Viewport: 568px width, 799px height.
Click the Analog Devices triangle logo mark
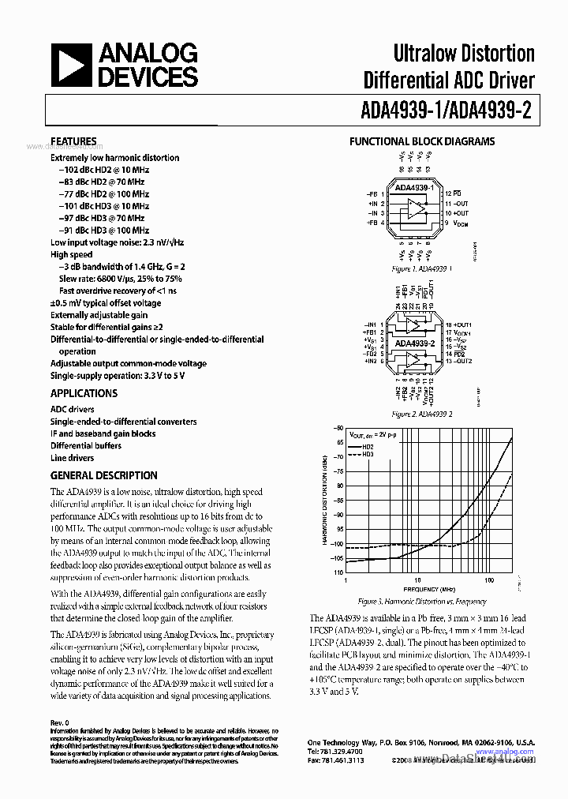point(73,66)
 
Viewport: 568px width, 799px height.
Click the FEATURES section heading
point(73,141)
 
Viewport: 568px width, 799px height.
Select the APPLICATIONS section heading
point(84,393)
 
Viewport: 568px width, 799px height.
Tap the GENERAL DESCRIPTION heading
point(103,475)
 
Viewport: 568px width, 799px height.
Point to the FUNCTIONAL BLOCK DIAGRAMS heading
point(422,141)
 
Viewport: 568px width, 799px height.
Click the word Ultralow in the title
point(429,54)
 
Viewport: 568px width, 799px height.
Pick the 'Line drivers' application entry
point(72,458)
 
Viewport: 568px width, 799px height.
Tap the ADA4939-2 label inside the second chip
point(415,343)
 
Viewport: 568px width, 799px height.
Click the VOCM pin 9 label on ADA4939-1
point(456,224)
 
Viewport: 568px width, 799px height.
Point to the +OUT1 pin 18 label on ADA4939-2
point(458,325)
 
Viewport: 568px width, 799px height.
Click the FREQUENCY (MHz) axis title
point(429,590)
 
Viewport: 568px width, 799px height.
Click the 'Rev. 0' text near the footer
point(60,722)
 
